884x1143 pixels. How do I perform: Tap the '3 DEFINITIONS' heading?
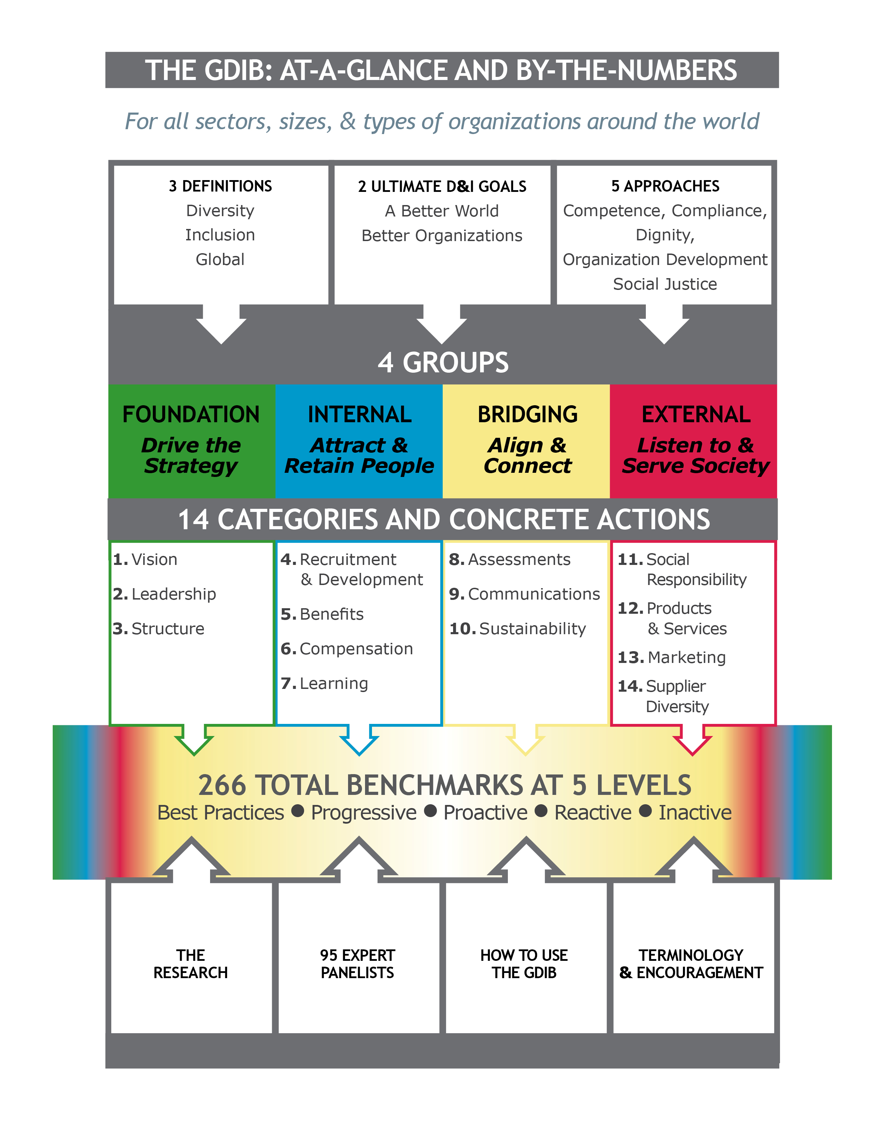tap(220, 186)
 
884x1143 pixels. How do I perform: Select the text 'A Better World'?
tap(441, 211)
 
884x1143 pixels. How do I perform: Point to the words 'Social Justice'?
tap(665, 284)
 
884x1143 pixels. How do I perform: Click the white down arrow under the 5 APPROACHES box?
tap(664, 325)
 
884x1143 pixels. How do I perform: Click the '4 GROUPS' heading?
tap(443, 362)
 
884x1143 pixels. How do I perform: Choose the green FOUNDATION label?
tap(191, 415)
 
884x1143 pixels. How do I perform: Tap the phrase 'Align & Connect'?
tap(527, 455)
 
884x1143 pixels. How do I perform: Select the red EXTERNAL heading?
tap(695, 415)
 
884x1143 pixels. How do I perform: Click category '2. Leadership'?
tap(164, 594)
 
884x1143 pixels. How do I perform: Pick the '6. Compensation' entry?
tap(347, 649)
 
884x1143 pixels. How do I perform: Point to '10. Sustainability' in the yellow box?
tap(518, 629)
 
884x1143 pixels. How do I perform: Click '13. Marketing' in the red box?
tap(671, 657)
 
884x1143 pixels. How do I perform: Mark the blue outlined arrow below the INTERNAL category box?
tap(359, 740)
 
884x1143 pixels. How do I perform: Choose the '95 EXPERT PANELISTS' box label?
tap(357, 964)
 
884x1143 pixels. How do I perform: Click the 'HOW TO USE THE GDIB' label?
tap(524, 964)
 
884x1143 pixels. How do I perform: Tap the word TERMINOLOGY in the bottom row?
tap(691, 956)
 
